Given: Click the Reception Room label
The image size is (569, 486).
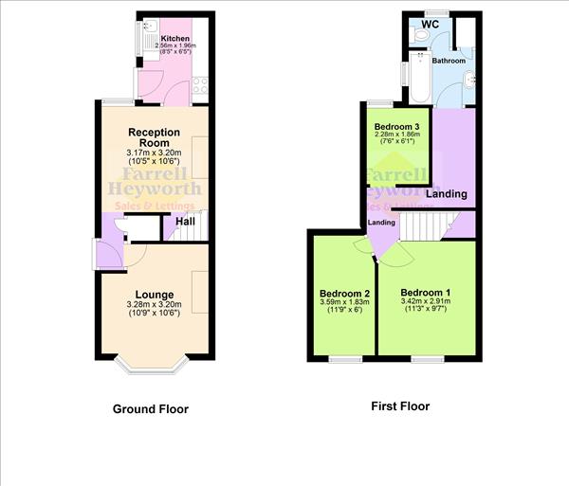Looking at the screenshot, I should pyautogui.click(x=154, y=137).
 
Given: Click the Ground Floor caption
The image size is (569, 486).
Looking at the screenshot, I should pyautogui.click(x=151, y=409).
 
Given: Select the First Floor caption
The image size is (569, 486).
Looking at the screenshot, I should pyautogui.click(x=399, y=406).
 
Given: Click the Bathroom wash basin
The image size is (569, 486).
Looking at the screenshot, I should pyautogui.click(x=471, y=80).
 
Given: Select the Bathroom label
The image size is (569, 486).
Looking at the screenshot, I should pyautogui.click(x=449, y=61).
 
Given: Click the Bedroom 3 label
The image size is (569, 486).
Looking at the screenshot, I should pyautogui.click(x=397, y=127).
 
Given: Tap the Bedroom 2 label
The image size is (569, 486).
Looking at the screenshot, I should pyautogui.click(x=344, y=294).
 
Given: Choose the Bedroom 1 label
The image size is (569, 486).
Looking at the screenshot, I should pyautogui.click(x=425, y=292).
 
